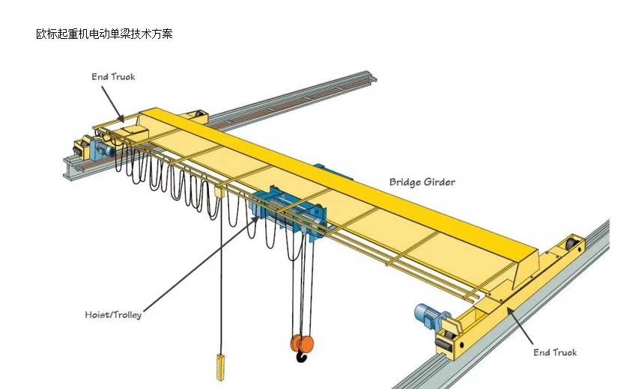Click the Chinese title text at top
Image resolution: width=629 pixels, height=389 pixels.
coord(104,34)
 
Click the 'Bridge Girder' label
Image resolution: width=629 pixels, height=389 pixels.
coord(422,182)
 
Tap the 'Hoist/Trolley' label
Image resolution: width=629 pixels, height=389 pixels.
coord(113,314)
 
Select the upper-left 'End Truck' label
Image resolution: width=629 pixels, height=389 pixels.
coord(113,77)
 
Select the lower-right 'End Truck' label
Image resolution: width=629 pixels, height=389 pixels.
coord(555,352)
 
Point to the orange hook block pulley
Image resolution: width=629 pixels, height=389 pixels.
coord(301,343)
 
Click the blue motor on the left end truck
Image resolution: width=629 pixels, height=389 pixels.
coord(103,149)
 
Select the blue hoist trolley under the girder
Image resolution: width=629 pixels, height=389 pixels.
coord(288,213)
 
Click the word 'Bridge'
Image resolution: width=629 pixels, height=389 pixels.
coord(404,182)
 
